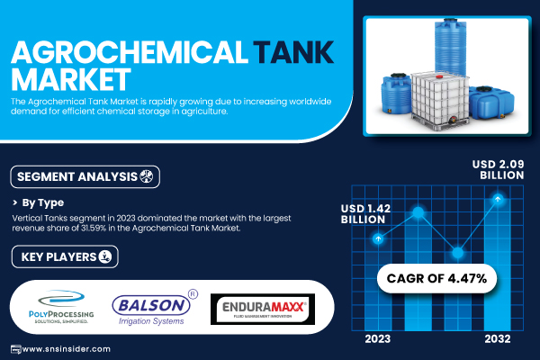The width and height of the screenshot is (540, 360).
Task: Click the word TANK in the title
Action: tap(293, 52)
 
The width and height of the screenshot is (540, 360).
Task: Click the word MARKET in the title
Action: tap(71, 79)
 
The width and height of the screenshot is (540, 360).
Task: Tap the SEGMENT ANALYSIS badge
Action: tap(85, 176)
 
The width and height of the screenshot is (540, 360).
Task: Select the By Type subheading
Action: tap(42, 202)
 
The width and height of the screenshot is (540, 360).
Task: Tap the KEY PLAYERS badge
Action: tap(65, 256)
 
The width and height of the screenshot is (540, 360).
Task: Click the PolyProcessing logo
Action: tap(61, 307)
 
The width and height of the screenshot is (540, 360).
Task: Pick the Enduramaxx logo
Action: tap(263, 309)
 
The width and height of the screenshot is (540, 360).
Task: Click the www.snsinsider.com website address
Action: tap(66, 349)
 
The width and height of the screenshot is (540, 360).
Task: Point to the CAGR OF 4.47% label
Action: tap(436, 278)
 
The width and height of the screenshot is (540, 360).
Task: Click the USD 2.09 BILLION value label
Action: tap(499, 169)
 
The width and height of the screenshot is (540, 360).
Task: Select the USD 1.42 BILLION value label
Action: tap(365, 214)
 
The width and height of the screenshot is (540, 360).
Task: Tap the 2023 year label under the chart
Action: tap(378, 339)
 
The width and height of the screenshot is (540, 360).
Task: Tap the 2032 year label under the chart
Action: tap(498, 339)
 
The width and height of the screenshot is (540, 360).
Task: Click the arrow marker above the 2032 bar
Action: tap(498, 199)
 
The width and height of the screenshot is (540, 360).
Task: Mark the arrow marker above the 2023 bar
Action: tap(378, 238)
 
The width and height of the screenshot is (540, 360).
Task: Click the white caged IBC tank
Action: tap(440, 100)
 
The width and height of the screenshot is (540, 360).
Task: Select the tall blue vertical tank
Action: tap(451, 47)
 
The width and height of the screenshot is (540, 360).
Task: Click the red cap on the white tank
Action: tap(439, 76)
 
